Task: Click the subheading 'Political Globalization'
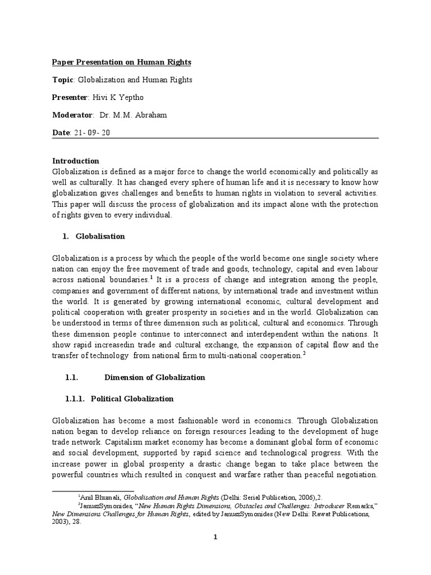(x=132, y=399)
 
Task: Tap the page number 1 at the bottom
(x=215, y=536)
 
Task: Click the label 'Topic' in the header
(x=62, y=80)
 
